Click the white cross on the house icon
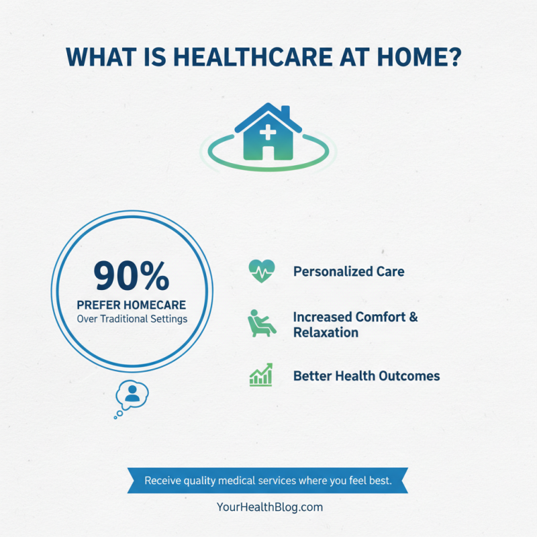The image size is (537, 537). tap(267, 132)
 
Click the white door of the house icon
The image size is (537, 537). tap(268, 151)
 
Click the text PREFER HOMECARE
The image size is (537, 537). tap(132, 304)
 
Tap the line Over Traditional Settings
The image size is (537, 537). tap(132, 319)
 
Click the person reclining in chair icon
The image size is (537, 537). tap(260, 324)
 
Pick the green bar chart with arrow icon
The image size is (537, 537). tap(260, 375)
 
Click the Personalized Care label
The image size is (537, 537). tap(348, 272)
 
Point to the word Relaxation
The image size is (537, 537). tap(326, 332)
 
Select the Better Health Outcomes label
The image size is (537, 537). tap(367, 376)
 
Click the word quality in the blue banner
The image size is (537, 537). tap(205, 481)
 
